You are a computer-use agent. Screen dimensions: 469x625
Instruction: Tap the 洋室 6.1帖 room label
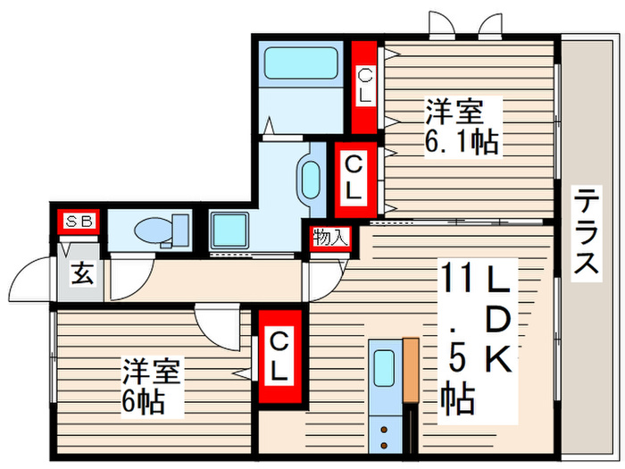(461, 127)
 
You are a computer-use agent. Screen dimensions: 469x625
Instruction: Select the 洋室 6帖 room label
(153, 386)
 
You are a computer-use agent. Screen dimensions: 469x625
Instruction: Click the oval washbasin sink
(311, 180)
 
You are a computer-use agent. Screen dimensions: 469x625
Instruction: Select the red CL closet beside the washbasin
(354, 179)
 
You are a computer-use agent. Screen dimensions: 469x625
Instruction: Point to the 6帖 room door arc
(218, 322)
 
